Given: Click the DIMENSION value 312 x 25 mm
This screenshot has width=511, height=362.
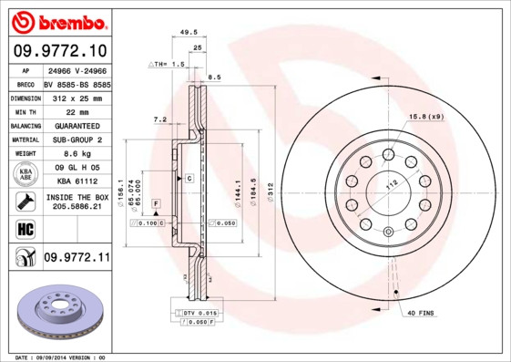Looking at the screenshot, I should (x=76, y=96).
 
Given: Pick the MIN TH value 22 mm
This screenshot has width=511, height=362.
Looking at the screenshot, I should (x=76, y=110).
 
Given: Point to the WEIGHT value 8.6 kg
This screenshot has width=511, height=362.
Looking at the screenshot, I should (x=76, y=154).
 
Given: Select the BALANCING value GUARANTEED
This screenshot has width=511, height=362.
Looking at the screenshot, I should (x=76, y=125).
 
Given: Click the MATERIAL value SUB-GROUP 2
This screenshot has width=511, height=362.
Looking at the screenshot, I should (x=76, y=140).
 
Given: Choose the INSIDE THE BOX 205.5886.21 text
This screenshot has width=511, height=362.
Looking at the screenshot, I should (x=76, y=202).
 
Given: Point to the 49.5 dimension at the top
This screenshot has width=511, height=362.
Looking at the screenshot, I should (x=189, y=32).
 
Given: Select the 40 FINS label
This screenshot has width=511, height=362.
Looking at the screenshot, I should (x=422, y=314).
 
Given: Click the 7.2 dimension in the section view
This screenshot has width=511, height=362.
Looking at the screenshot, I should (x=159, y=119).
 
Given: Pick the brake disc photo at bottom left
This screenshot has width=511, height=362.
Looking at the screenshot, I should (x=58, y=312).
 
